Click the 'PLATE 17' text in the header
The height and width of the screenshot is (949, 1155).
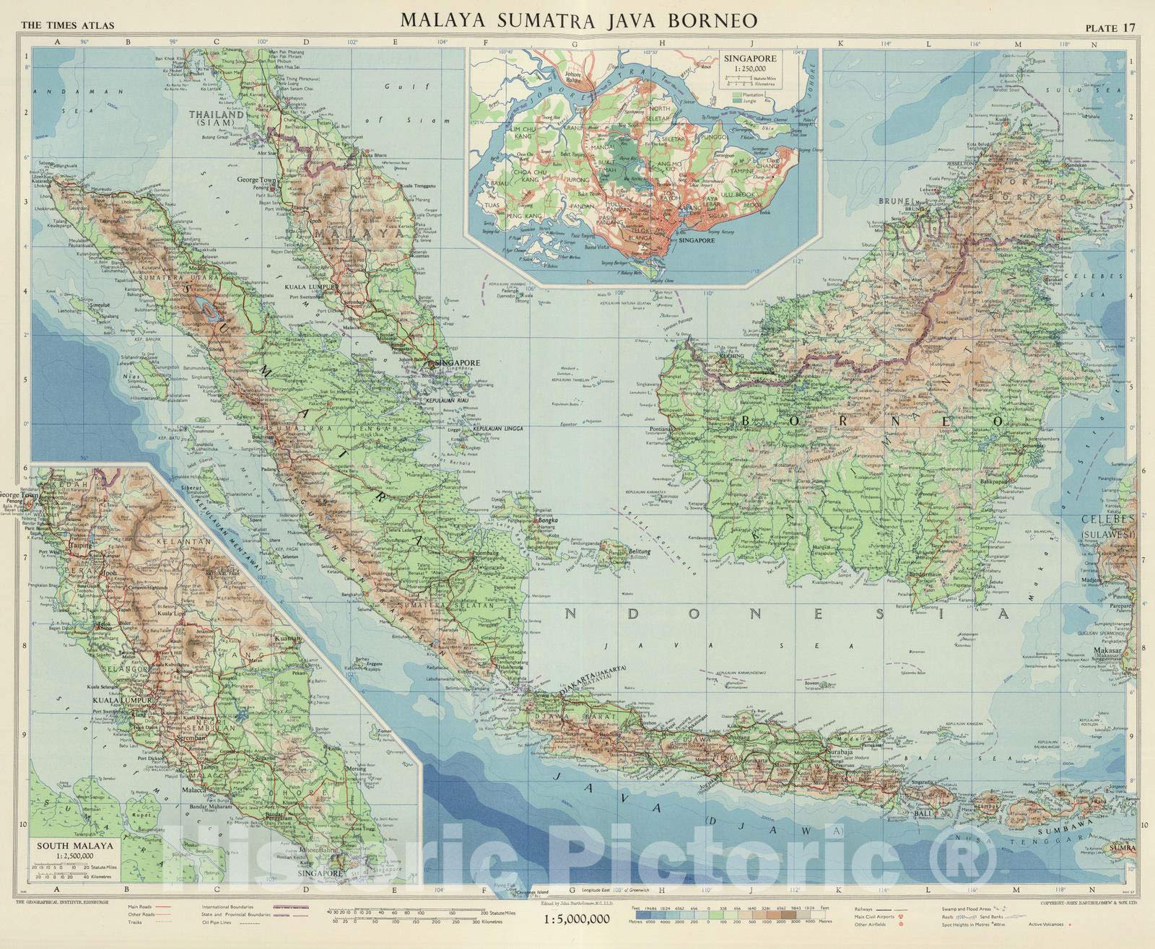[1110, 28]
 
